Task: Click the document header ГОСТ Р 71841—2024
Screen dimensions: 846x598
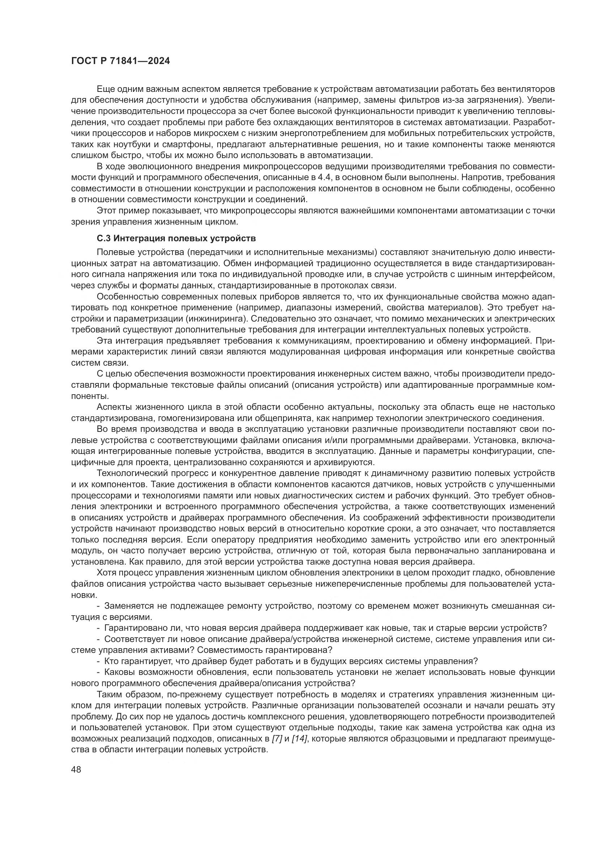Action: (120, 61)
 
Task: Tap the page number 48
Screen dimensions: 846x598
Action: (76, 769)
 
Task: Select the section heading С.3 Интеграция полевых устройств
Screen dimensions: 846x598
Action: (176, 238)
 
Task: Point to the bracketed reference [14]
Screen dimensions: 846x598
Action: (299, 739)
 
